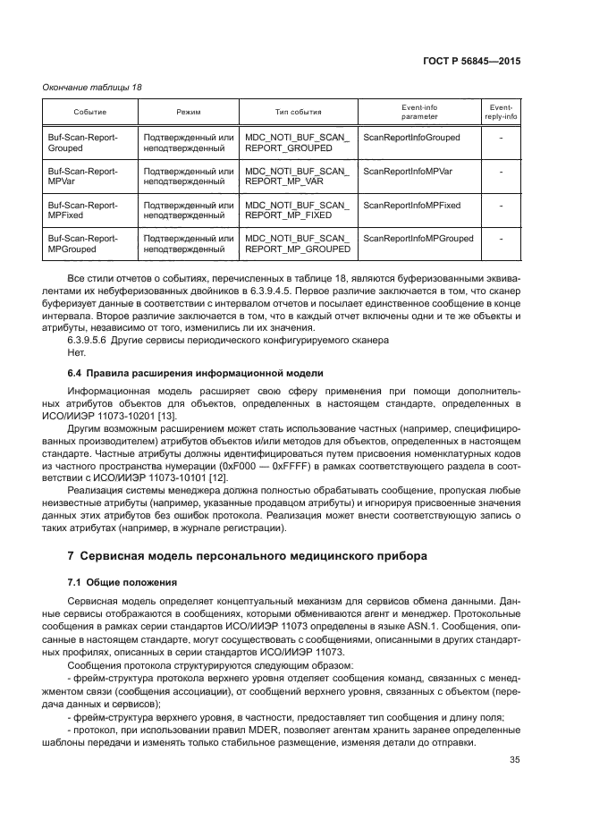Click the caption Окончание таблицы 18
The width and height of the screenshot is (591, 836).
(x=92, y=87)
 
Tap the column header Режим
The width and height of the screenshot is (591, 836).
(x=189, y=112)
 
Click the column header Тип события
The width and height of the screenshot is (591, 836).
(x=298, y=112)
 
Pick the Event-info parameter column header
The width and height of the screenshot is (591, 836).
(x=419, y=112)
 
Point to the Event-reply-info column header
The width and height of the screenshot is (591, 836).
(x=501, y=112)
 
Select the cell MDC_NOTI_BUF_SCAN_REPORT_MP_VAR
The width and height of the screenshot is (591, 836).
(x=298, y=176)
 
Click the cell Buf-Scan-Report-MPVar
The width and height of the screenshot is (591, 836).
(x=82, y=176)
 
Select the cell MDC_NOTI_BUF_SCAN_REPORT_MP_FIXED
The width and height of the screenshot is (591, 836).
(x=298, y=210)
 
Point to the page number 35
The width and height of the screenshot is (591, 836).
(x=513, y=760)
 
